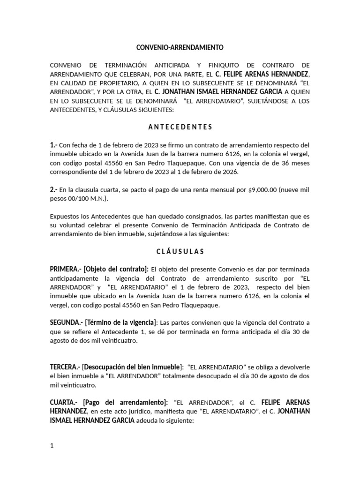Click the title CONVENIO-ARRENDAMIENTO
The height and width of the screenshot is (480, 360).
click(180, 47)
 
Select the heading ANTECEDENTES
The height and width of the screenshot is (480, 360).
click(180, 127)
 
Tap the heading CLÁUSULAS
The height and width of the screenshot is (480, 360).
click(180, 251)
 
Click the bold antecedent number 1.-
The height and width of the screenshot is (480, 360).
click(54, 145)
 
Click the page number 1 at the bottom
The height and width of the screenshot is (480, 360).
click(52, 445)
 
